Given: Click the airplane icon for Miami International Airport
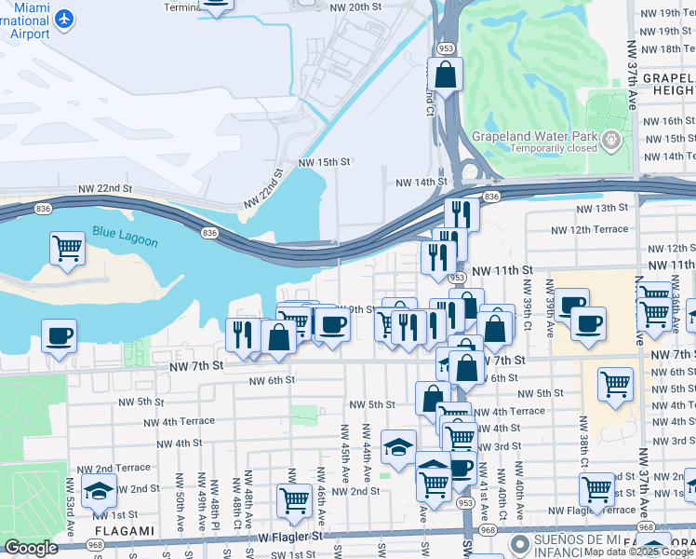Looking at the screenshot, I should tap(63, 18).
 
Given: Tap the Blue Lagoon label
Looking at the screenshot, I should tap(125, 237).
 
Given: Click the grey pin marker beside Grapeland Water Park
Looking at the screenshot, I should tap(610, 141).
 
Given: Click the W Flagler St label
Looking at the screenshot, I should tap(289, 537).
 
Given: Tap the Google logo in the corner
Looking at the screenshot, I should tap(31, 548).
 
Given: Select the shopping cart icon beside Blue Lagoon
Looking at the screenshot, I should tap(67, 248).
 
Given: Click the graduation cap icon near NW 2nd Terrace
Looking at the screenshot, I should tap(100, 490).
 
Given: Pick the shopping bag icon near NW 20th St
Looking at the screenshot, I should tap(446, 74).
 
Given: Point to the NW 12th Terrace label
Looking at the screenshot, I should tap(590, 229).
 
